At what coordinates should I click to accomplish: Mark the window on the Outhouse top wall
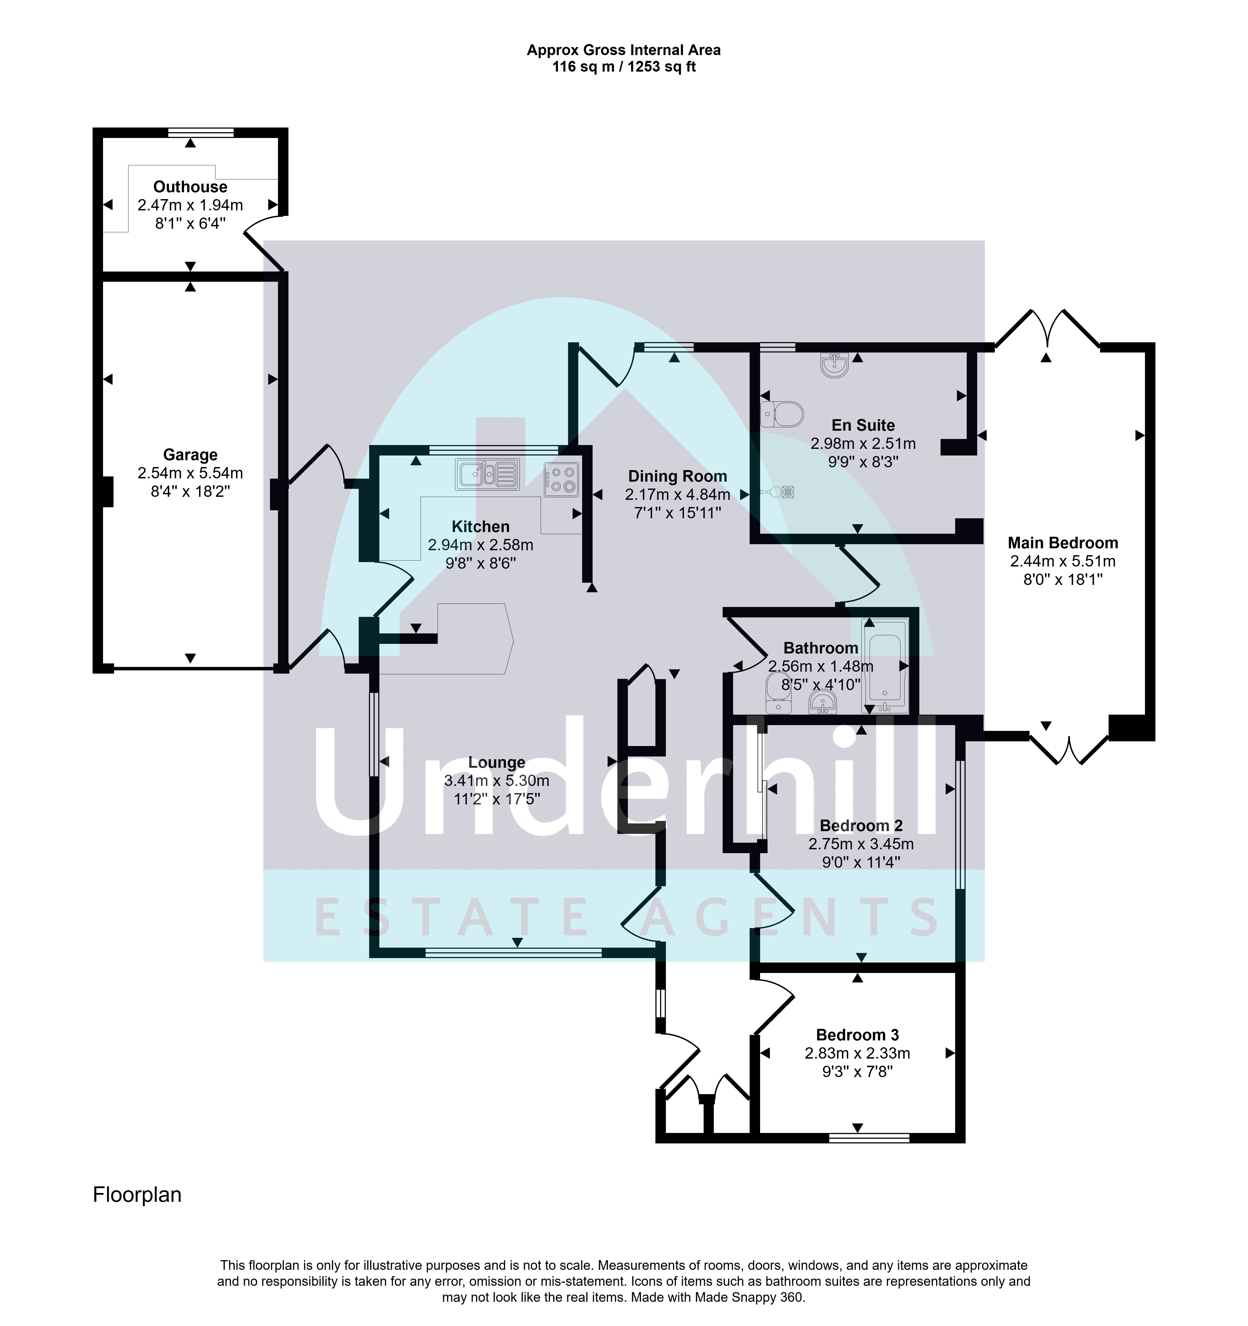point(201,132)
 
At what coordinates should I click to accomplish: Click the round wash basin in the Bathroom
point(823,702)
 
